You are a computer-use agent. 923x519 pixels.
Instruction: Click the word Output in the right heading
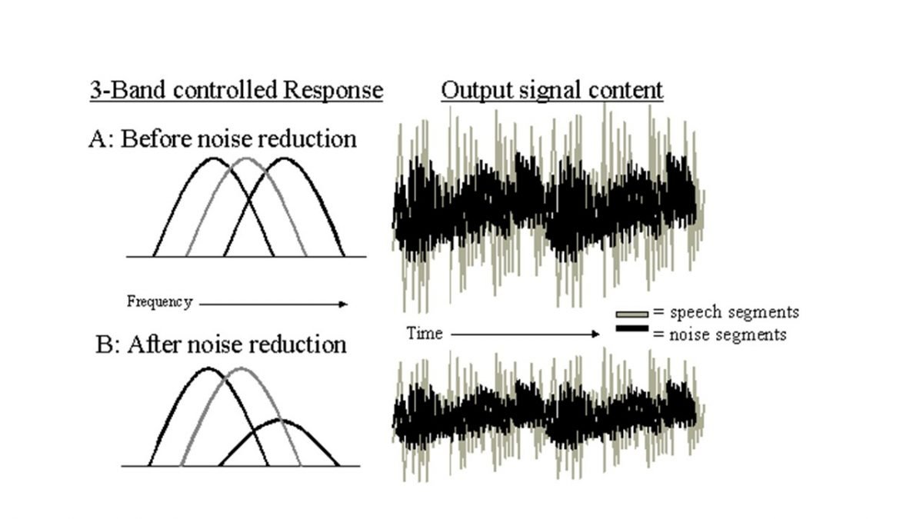[x=477, y=91]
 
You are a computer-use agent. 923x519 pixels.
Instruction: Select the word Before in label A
[x=157, y=139]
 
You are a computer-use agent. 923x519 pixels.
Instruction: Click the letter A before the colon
[x=98, y=139]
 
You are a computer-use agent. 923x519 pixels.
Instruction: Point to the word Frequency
[x=160, y=302]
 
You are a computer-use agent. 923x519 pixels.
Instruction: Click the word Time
[x=425, y=333]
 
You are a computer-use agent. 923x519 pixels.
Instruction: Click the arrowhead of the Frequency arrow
[x=343, y=304]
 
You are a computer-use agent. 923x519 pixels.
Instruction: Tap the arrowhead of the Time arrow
[x=595, y=334]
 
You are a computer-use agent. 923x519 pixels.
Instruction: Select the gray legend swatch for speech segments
[x=632, y=314]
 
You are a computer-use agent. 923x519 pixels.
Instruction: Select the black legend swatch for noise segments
[x=632, y=328]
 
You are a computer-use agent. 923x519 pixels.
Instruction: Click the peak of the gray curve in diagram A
[x=246, y=158]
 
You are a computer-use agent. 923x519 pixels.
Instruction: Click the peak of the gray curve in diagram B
[x=241, y=368]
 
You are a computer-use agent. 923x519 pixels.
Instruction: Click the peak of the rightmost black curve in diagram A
[x=285, y=158]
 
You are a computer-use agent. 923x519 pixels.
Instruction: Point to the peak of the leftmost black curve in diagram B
[x=208, y=368]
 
